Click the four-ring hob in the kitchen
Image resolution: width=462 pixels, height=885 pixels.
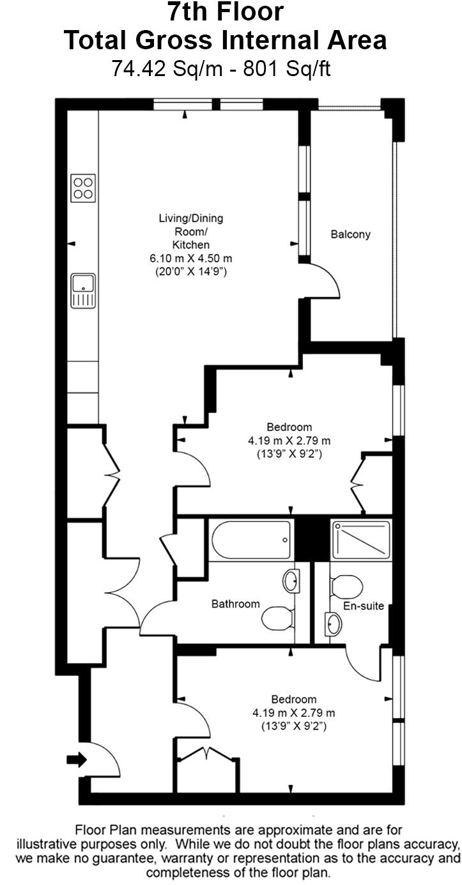coord(83,188)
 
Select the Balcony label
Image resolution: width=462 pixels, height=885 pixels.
coord(350,235)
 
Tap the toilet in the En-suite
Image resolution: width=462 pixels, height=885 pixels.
coord(347,586)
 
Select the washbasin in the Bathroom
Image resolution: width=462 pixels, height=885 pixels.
coord(291,581)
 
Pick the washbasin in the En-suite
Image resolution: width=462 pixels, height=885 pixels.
coord(334,624)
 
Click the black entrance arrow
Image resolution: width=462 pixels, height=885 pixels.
coord(76,760)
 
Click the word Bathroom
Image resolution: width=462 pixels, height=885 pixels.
coord(236,604)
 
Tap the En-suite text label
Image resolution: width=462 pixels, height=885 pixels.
coord(364,606)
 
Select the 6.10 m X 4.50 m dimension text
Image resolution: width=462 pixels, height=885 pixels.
coord(190,258)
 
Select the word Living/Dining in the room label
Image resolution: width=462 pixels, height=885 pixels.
coord(190,219)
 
